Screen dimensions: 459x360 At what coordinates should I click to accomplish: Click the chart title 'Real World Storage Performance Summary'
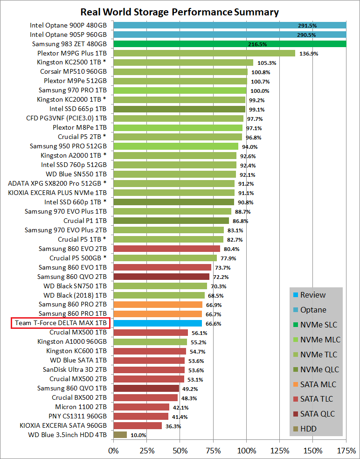click(x=180, y=12)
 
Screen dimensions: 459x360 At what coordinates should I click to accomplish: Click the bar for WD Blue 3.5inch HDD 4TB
click(x=120, y=435)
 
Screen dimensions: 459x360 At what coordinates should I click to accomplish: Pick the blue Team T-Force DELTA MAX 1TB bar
click(x=158, y=323)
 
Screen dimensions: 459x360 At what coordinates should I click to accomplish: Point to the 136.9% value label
click(x=308, y=53)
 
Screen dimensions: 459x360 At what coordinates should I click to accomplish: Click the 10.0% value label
click(x=138, y=435)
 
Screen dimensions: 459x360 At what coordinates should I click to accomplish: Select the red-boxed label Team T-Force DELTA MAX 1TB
click(x=61, y=323)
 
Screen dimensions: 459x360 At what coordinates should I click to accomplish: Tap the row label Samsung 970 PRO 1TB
click(x=72, y=90)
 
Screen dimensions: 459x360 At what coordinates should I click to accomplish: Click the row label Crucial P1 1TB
click(x=85, y=220)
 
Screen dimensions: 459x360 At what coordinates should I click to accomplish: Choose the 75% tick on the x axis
click(x=213, y=451)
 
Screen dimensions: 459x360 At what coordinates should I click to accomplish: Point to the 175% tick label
click(x=346, y=451)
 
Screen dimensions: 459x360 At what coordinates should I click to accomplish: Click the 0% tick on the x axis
click(x=113, y=451)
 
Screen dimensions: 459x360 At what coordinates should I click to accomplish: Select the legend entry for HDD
click(x=308, y=429)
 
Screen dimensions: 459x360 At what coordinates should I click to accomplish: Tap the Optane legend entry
click(x=313, y=310)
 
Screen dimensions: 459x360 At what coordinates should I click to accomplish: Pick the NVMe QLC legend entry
click(x=319, y=369)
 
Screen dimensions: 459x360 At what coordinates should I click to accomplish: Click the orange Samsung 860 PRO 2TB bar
click(x=158, y=304)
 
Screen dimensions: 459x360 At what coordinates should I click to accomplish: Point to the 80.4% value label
click(x=231, y=249)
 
